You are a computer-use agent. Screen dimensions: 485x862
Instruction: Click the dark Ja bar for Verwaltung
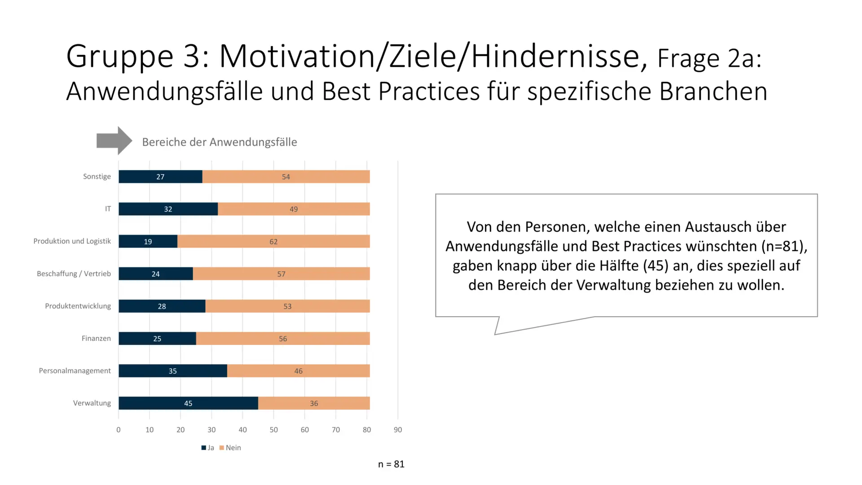(188, 403)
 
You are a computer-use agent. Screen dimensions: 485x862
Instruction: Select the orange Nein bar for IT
(294, 209)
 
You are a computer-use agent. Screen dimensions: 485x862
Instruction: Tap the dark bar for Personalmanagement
(173, 371)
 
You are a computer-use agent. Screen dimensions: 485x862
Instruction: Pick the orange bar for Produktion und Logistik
(273, 242)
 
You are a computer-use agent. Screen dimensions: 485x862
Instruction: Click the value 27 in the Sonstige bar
(160, 177)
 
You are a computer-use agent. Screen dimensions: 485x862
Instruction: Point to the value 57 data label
(281, 274)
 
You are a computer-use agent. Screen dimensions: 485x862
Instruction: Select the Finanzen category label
(96, 339)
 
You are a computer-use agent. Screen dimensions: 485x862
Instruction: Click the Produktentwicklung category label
(78, 306)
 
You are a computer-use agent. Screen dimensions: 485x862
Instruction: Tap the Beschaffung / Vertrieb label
(74, 274)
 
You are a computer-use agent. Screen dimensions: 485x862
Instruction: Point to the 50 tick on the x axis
(273, 430)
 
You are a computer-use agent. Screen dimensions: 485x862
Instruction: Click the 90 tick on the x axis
(398, 430)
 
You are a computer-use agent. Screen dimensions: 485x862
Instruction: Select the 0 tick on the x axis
(119, 430)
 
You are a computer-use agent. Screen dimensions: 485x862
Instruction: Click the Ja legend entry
(208, 448)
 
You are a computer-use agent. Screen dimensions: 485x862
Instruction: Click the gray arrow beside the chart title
(114, 141)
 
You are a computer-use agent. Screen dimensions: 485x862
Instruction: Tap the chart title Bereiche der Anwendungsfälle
(220, 142)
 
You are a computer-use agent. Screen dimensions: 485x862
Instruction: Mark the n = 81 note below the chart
(391, 464)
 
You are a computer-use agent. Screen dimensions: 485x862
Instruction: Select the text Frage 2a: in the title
(709, 59)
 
